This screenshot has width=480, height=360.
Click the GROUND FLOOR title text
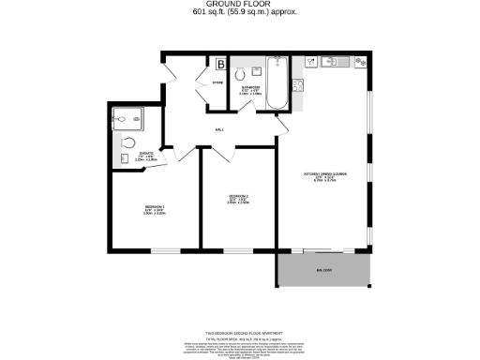[239, 5]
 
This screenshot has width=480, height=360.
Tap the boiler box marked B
[220, 65]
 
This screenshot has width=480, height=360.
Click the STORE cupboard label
[217, 83]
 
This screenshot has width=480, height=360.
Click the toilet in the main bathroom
[242, 73]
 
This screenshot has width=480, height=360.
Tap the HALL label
[219, 130]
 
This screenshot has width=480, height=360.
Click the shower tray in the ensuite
[125, 119]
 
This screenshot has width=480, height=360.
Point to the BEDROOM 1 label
[155, 208]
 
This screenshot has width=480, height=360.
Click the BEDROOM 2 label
[238, 198]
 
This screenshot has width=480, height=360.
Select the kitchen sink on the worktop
[329, 62]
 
